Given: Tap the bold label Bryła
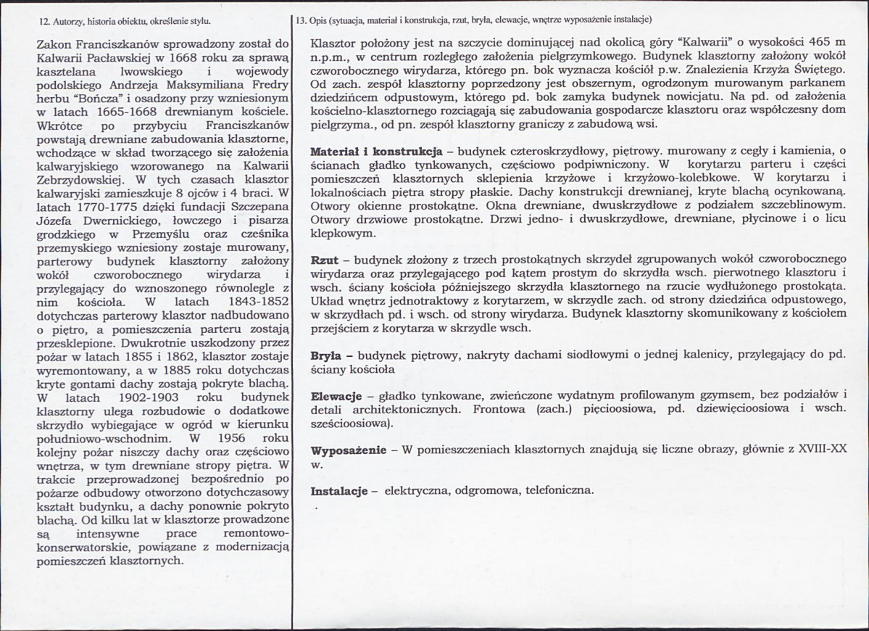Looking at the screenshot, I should pyautogui.click(x=328, y=356).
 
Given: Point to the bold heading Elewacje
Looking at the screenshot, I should pyautogui.click(x=336, y=396).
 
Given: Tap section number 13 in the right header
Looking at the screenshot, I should pyautogui.click(x=303, y=20).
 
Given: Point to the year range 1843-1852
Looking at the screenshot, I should pyautogui.click(x=249, y=301).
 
